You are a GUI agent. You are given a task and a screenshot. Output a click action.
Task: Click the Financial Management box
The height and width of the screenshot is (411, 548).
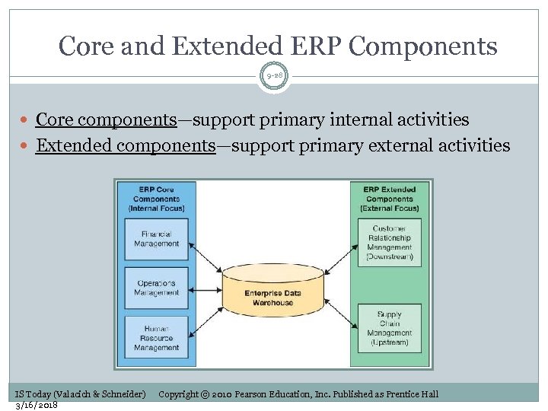[x=156, y=239]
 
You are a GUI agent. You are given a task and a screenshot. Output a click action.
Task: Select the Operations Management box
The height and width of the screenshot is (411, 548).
[x=156, y=288]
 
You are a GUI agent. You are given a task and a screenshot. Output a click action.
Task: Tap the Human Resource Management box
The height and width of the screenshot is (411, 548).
[x=156, y=338]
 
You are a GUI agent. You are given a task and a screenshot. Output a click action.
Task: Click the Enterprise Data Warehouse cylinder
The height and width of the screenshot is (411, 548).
[x=273, y=292]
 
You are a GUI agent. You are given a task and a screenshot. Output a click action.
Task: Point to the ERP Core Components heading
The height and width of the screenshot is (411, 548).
[x=156, y=198]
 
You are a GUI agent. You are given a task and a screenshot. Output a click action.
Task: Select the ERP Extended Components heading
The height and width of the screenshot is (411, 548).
[x=390, y=198]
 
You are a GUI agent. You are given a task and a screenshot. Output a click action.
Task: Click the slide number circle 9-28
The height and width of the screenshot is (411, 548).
[x=274, y=75]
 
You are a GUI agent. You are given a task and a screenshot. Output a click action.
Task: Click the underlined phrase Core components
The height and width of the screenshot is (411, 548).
[x=106, y=119]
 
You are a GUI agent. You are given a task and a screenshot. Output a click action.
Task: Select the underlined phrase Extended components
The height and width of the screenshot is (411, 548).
[x=126, y=145]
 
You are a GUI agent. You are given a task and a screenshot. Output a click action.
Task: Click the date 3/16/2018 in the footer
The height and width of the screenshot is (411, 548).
[x=37, y=404]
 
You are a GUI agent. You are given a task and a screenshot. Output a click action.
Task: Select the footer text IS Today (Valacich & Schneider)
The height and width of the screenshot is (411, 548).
[x=80, y=393]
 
